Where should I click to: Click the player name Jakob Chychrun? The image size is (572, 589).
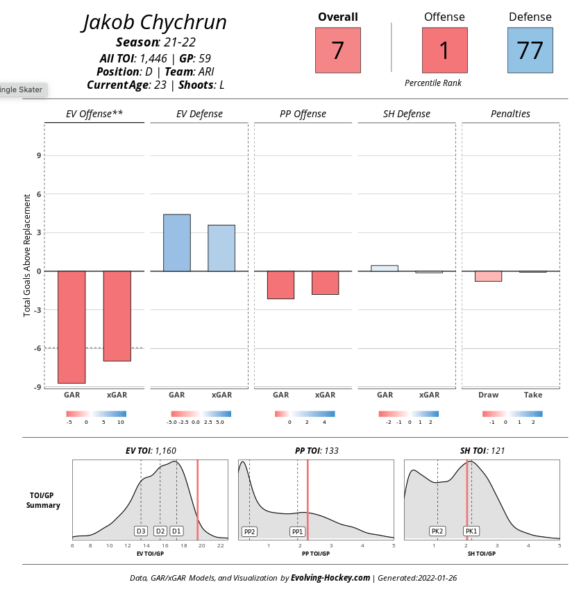coord(155,23)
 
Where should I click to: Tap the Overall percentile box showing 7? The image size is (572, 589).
coord(338,51)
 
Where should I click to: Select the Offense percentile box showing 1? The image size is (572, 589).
coord(444,51)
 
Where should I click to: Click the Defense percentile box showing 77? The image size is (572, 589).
coord(530,51)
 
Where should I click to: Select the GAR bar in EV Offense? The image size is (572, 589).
coord(71,327)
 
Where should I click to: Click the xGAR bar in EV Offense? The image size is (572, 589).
coord(117,316)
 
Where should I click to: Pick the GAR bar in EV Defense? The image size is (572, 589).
coord(176,243)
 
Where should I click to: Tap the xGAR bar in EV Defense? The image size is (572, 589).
coord(221,248)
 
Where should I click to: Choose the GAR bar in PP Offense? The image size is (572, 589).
coord(280,284)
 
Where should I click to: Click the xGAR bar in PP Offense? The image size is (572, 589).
coord(325,282)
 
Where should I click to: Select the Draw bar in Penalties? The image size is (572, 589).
coord(488,276)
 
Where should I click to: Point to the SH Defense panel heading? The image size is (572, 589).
coord(406,114)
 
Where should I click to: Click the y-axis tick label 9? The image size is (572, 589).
coord(38,155)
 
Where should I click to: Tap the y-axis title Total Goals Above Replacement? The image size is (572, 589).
coord(28,255)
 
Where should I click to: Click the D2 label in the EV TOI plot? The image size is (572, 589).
coord(160,531)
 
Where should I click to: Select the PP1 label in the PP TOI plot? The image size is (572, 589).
coord(297,532)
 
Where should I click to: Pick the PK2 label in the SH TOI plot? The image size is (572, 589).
coord(437,531)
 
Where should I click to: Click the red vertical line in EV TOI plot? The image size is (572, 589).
coord(198,500)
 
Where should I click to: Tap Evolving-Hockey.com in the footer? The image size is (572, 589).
coord(330,578)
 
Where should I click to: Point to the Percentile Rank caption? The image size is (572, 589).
coord(433,83)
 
